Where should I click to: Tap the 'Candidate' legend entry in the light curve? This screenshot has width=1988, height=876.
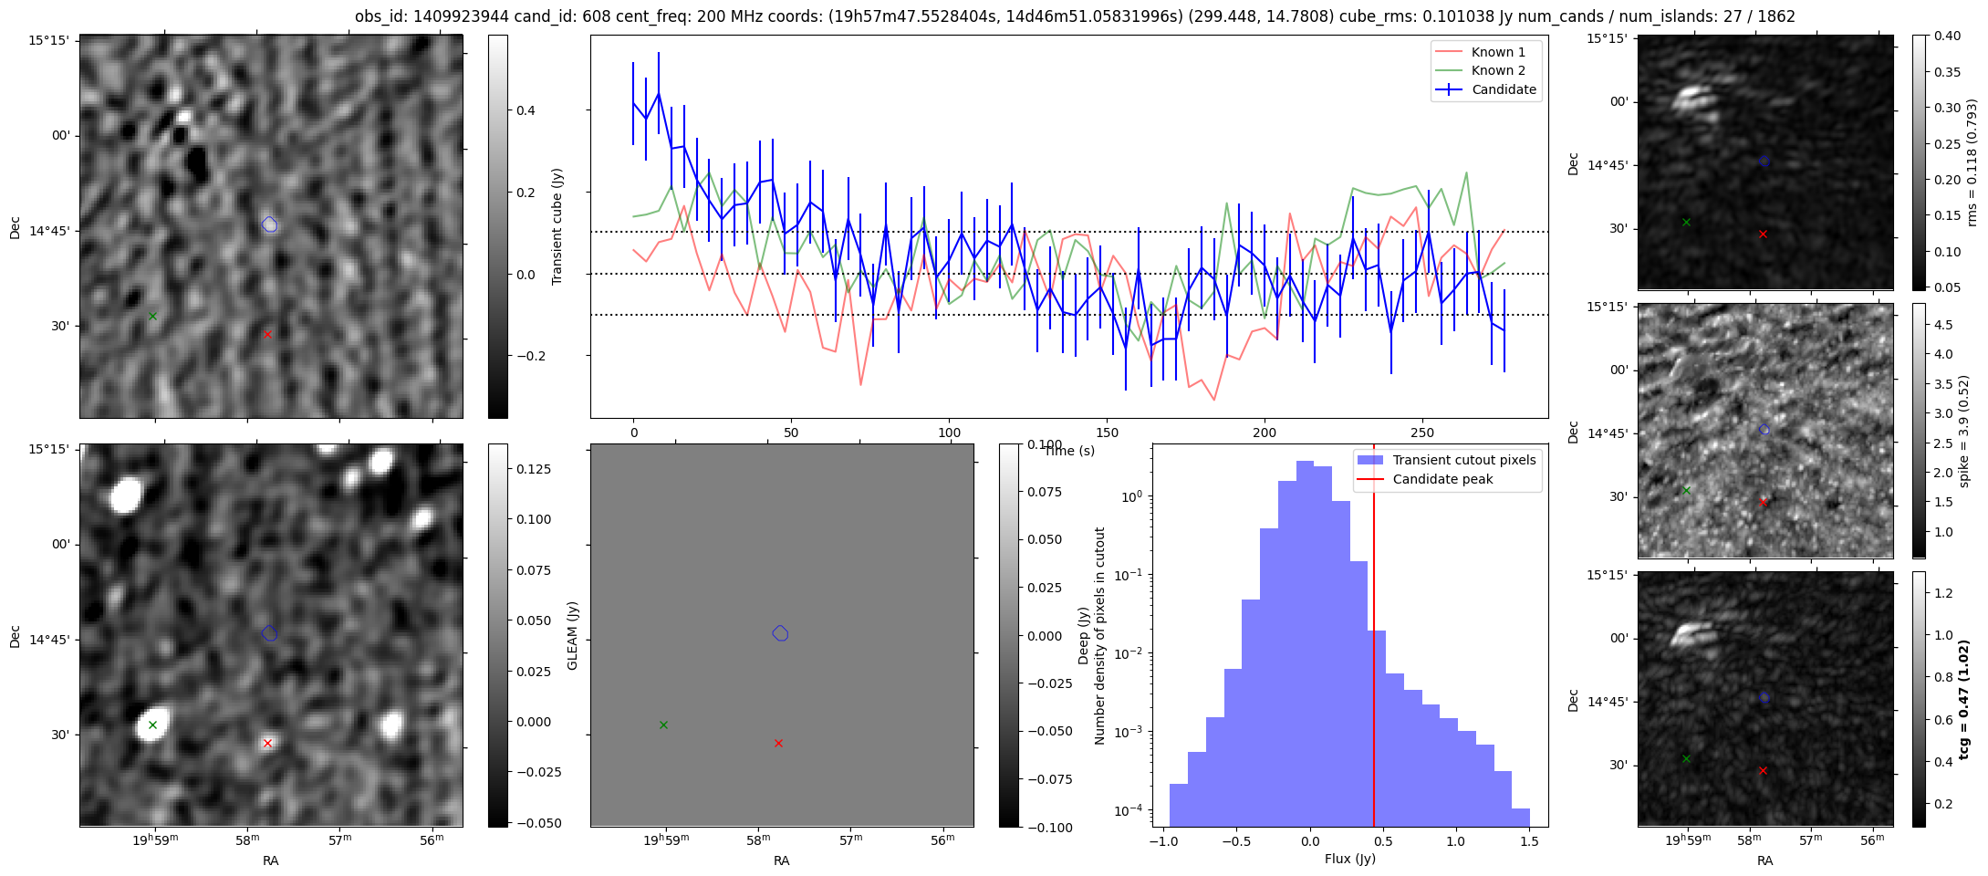(1504, 89)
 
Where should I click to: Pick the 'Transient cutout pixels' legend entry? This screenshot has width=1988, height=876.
(1463, 460)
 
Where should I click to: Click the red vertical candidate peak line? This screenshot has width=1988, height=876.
(1374, 639)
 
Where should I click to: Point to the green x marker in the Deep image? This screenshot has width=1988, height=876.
(152, 725)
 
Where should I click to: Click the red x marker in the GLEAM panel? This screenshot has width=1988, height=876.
(778, 743)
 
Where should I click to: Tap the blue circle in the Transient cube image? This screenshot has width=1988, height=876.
(269, 224)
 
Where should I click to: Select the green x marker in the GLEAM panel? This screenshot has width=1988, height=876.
(663, 725)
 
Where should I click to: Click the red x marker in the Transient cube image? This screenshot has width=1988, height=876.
(267, 334)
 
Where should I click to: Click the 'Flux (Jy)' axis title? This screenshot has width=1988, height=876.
(1349, 859)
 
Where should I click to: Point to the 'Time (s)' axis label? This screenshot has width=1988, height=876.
(1069, 451)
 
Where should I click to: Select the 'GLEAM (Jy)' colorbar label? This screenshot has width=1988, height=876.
(572, 635)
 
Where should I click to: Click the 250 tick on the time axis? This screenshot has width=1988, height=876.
(1421, 433)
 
